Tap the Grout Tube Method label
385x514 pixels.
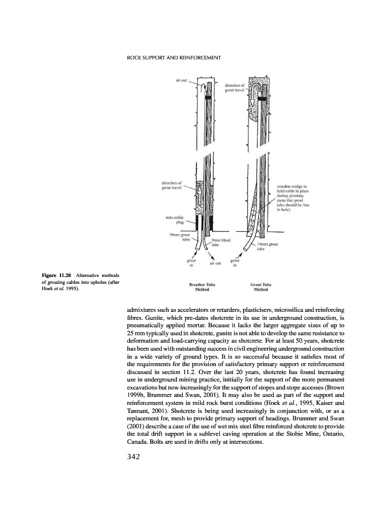click(x=259, y=287)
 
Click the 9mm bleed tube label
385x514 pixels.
click(x=219, y=243)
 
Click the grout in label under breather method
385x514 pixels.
click(x=192, y=263)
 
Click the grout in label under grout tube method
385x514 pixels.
click(x=235, y=263)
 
